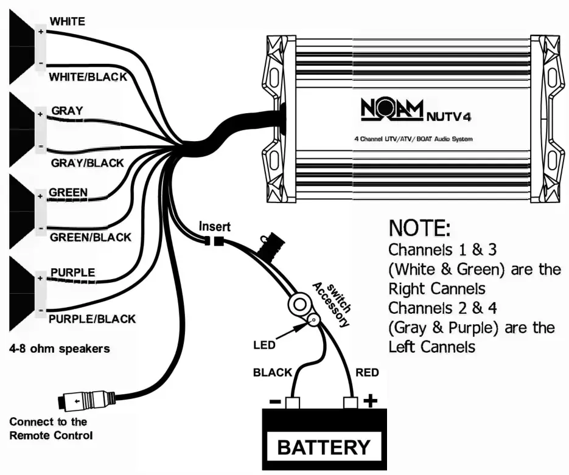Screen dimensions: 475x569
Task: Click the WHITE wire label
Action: click(68, 21)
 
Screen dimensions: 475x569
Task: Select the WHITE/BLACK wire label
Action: click(88, 77)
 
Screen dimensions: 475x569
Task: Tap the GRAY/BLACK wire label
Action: click(88, 163)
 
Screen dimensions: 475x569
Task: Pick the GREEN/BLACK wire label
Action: click(90, 237)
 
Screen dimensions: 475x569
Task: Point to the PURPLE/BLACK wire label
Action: click(92, 318)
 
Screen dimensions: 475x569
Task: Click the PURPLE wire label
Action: click(72, 272)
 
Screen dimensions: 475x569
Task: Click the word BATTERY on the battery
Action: click(323, 447)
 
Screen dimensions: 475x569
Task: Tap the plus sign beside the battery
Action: click(370, 401)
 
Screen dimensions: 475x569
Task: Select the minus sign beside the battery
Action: click(274, 402)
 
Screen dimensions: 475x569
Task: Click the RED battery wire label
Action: click(368, 372)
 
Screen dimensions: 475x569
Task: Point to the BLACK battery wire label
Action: click(273, 372)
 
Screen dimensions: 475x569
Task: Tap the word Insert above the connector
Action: click(215, 227)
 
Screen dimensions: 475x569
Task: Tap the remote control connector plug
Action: click(85, 401)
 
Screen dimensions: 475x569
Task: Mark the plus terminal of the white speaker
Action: click(41, 32)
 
